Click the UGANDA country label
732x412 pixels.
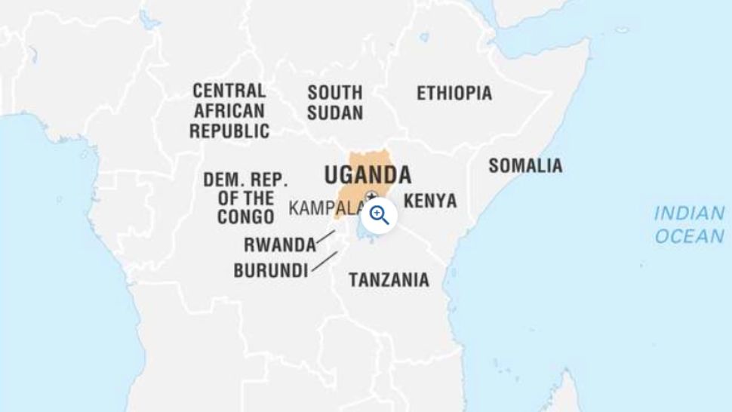(368, 175)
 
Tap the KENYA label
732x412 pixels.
(429, 201)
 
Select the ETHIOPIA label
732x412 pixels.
(454, 94)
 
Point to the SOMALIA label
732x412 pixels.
(524, 166)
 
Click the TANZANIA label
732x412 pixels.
(388, 280)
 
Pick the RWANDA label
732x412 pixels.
(279, 245)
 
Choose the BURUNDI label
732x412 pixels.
(270, 270)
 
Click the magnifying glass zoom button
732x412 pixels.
(379, 215)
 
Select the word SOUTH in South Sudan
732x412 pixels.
(334, 93)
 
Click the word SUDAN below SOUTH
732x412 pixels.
(334, 113)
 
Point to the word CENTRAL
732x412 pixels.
(229, 91)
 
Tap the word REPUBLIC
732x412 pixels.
(229, 131)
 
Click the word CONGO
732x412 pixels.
(245, 217)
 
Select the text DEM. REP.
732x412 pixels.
(245, 180)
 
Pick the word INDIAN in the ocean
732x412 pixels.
(689, 214)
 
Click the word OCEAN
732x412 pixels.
(689, 236)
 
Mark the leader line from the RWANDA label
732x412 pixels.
(325, 237)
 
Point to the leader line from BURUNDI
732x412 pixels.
(324, 261)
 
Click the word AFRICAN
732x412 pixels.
(229, 112)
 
